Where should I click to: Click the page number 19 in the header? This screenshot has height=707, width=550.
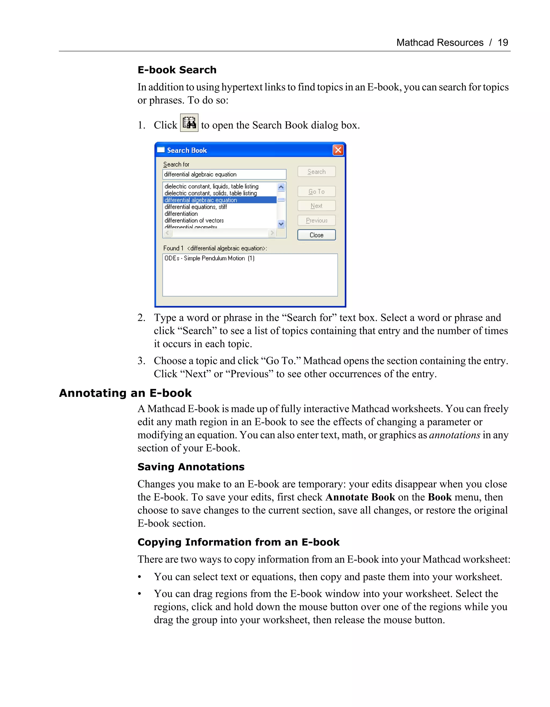tap(502, 42)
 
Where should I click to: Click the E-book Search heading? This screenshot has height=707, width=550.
tap(177, 70)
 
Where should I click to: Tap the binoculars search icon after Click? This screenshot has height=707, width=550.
tap(189, 123)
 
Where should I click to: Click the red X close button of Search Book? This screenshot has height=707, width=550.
tap(338, 150)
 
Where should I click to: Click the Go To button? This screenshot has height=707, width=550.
tap(316, 192)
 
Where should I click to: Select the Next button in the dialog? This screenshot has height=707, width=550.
tap(316, 206)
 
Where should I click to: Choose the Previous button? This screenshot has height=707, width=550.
tap(316, 220)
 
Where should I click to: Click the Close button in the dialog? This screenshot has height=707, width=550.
tap(316, 235)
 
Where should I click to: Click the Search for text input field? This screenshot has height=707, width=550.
tap(224, 175)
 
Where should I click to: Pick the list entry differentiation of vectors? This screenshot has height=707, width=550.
tap(194, 220)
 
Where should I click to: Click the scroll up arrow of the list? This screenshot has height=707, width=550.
tap(281, 187)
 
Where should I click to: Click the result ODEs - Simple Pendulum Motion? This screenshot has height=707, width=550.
tap(209, 258)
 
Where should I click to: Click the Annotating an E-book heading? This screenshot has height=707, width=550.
tap(125, 393)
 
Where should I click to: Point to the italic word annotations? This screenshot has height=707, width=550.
tap(454, 435)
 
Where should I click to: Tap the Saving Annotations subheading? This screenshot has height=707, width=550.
tap(191, 467)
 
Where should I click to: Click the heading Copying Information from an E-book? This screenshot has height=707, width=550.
tap(238, 542)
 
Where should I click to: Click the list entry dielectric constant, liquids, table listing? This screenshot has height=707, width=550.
tap(211, 186)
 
